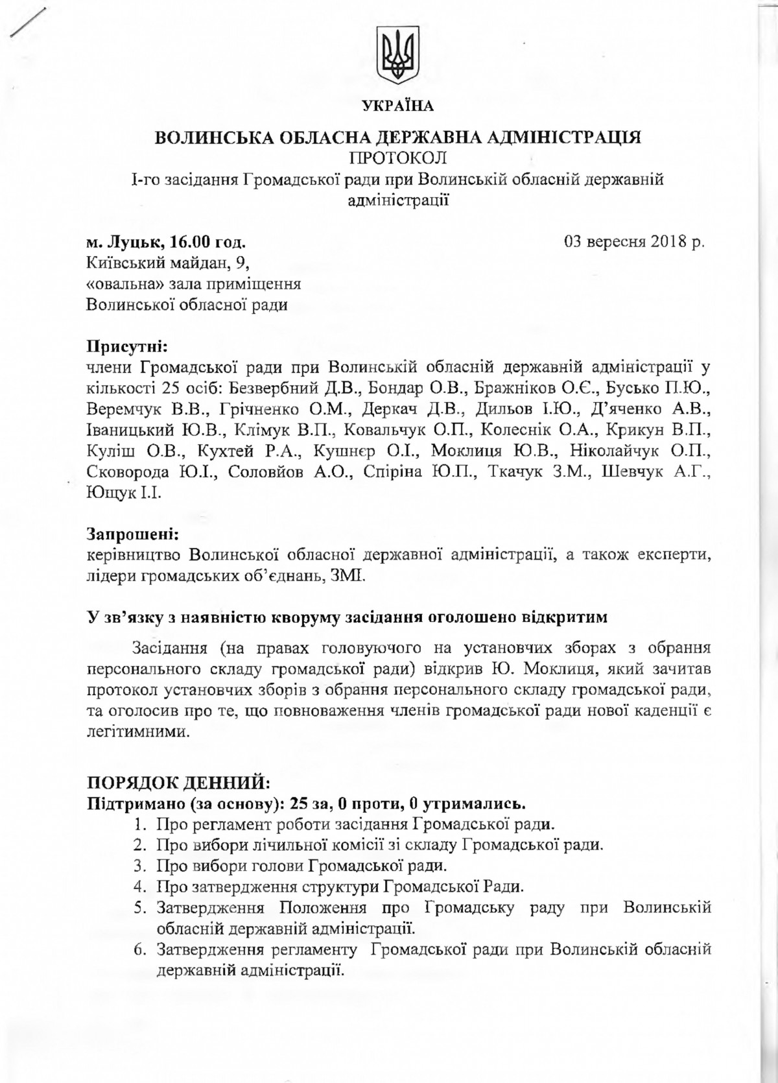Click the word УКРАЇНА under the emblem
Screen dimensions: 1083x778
397,105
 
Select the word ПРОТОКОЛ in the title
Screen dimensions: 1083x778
397,158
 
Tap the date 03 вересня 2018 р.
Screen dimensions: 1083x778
634,242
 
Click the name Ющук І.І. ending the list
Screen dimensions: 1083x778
123,494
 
